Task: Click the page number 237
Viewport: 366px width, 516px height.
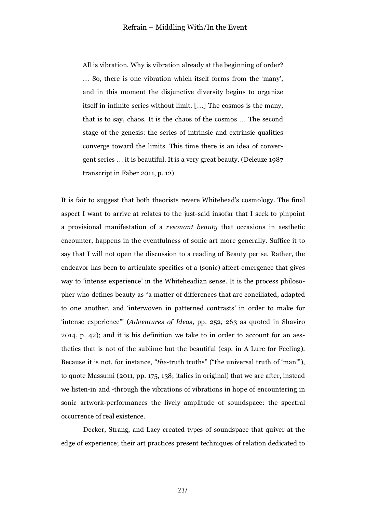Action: tap(183, 490)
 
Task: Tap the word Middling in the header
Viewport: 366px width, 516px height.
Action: tap(170, 27)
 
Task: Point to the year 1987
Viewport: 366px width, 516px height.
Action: tap(276, 160)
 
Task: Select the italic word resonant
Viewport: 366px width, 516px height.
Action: tap(178, 227)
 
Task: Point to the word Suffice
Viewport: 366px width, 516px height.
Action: tap(280, 241)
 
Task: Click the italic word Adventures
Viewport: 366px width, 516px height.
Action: tap(145, 322)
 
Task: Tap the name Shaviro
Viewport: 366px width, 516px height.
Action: tap(294, 322)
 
